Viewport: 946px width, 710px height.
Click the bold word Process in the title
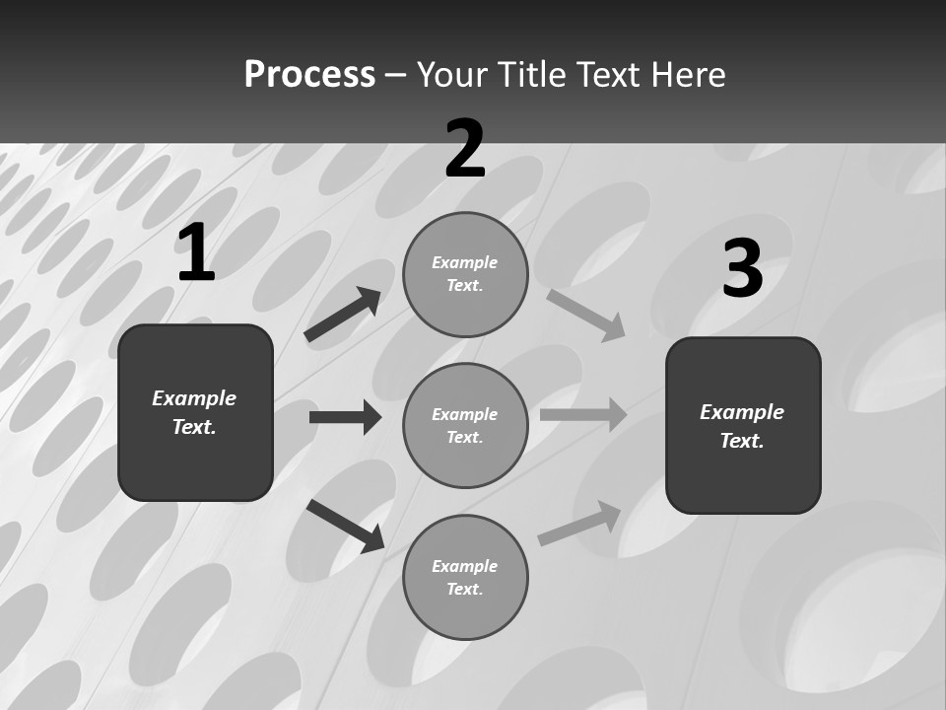(309, 75)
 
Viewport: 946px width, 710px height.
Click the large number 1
(196, 253)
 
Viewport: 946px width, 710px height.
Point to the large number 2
(465, 149)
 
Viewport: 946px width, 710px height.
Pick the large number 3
(742, 269)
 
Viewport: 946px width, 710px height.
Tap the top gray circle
(465, 274)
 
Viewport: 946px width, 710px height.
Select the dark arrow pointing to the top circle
(343, 315)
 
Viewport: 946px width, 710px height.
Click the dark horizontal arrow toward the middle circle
(345, 417)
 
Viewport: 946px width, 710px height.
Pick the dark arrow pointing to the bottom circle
(346, 526)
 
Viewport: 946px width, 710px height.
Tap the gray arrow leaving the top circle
(586, 315)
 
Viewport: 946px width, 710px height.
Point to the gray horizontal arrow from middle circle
(583, 414)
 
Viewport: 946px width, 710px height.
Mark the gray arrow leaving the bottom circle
(579, 523)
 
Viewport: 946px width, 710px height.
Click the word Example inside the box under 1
(194, 398)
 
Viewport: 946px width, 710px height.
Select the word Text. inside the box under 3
(742, 441)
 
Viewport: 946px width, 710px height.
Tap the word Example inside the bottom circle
(465, 566)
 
